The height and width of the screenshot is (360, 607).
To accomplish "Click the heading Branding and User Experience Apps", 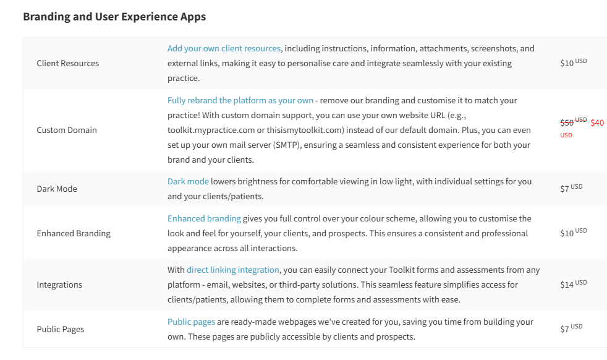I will pyautogui.click(x=114, y=17).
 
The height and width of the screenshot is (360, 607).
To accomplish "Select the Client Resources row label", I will pyautogui.click(x=67, y=63).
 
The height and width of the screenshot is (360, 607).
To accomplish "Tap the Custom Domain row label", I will pyautogui.click(x=67, y=130).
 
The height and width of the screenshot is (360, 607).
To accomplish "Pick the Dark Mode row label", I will pyautogui.click(x=57, y=189).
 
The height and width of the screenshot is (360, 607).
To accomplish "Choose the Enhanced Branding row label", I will pyautogui.click(x=74, y=233).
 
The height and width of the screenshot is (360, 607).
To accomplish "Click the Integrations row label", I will pyautogui.click(x=59, y=285).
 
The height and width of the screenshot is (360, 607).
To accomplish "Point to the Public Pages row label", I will pyautogui.click(x=61, y=329).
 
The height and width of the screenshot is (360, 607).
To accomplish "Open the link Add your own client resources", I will pyautogui.click(x=224, y=48).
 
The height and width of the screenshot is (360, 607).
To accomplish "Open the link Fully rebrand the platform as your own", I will pyautogui.click(x=240, y=100).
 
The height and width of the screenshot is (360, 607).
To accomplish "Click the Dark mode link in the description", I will pyautogui.click(x=188, y=181).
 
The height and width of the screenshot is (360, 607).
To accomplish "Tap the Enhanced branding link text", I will pyautogui.click(x=204, y=218).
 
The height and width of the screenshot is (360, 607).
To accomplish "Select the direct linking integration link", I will pyautogui.click(x=233, y=270).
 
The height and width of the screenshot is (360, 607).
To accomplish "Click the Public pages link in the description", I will pyautogui.click(x=191, y=322).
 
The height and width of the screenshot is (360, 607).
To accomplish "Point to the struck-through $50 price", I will pyautogui.click(x=567, y=122).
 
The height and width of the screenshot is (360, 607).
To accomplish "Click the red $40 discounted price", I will pyautogui.click(x=597, y=122).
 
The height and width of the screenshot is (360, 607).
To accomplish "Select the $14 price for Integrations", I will pyautogui.click(x=567, y=285).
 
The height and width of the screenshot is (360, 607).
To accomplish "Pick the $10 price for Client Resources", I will pyautogui.click(x=567, y=63).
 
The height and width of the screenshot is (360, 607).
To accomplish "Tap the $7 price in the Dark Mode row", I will pyautogui.click(x=564, y=189).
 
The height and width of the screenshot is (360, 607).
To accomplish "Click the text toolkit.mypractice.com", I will pyautogui.click(x=206, y=130).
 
